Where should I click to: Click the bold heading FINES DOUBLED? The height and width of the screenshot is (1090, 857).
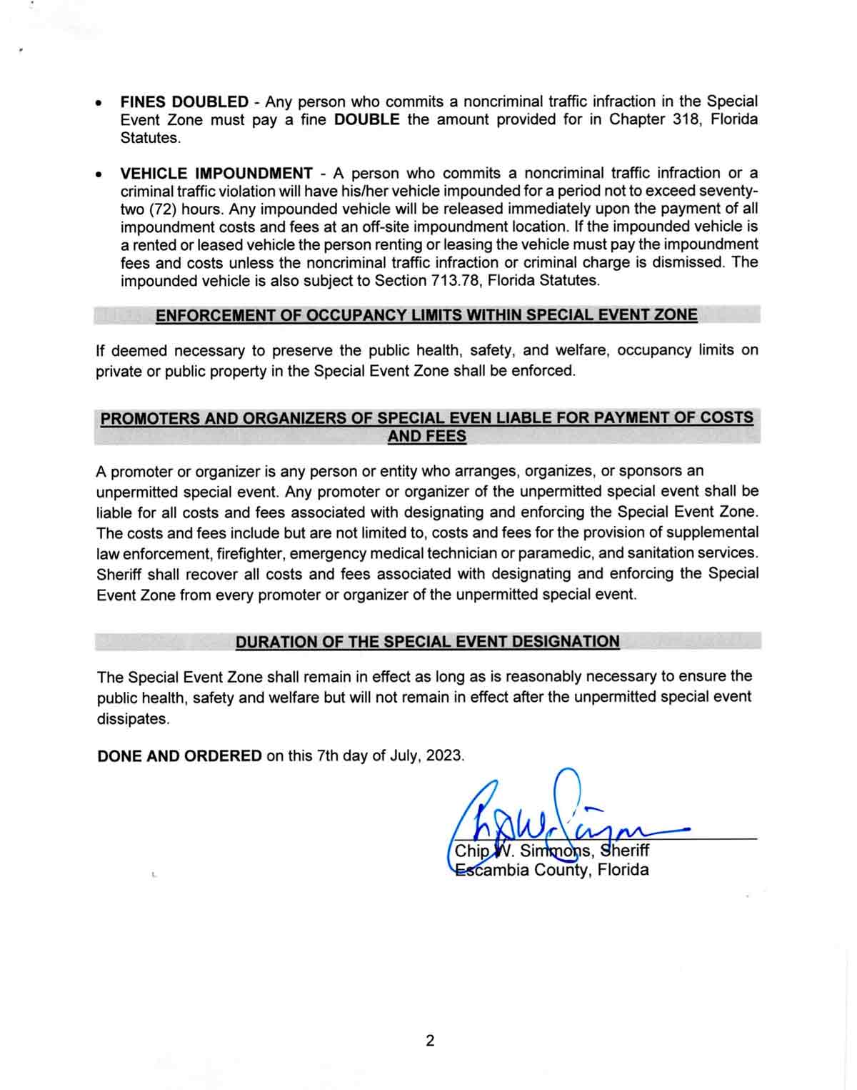coord(184,102)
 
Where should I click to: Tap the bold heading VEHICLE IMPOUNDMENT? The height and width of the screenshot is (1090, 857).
coord(216,174)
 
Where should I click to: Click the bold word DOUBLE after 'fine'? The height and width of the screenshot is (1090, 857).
coord(366,120)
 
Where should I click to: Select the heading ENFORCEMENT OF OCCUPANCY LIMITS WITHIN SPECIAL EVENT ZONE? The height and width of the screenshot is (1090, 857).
coord(426,315)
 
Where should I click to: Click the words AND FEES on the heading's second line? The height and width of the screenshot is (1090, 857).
coord(426,436)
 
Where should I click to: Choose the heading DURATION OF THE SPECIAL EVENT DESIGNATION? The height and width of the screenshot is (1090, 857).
coord(427,642)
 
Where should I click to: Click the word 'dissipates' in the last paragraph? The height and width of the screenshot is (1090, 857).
coord(133,719)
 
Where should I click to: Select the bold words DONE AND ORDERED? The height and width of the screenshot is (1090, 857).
coord(179,756)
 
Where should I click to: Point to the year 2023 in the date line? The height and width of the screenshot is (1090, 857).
coord(443,756)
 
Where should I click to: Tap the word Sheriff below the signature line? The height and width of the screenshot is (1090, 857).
coord(625,851)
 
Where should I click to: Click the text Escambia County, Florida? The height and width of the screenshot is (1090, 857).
coord(551,870)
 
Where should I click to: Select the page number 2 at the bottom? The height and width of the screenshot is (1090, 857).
coord(430,1041)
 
